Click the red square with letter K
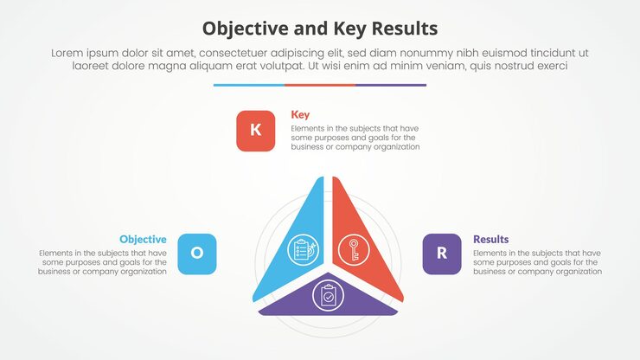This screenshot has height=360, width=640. pos(255,131)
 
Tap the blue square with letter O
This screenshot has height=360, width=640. pos(196,254)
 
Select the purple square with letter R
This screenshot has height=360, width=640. pos(442,254)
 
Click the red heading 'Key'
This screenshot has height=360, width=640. pos(300,114)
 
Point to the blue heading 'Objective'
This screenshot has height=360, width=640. pos(143,239)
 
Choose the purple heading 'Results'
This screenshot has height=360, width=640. pos(490,239)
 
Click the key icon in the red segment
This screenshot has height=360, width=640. pos(351,250)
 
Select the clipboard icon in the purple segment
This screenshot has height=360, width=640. pos(329,296)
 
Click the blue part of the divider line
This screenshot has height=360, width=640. pos(248,85)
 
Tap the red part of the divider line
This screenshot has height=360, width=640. pos(320,85)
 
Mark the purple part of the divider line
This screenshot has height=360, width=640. pos(391,85)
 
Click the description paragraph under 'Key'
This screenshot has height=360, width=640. pos(355,138)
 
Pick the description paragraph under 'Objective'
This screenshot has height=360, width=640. pos(103,262)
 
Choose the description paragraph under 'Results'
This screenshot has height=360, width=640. pos(537,262)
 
